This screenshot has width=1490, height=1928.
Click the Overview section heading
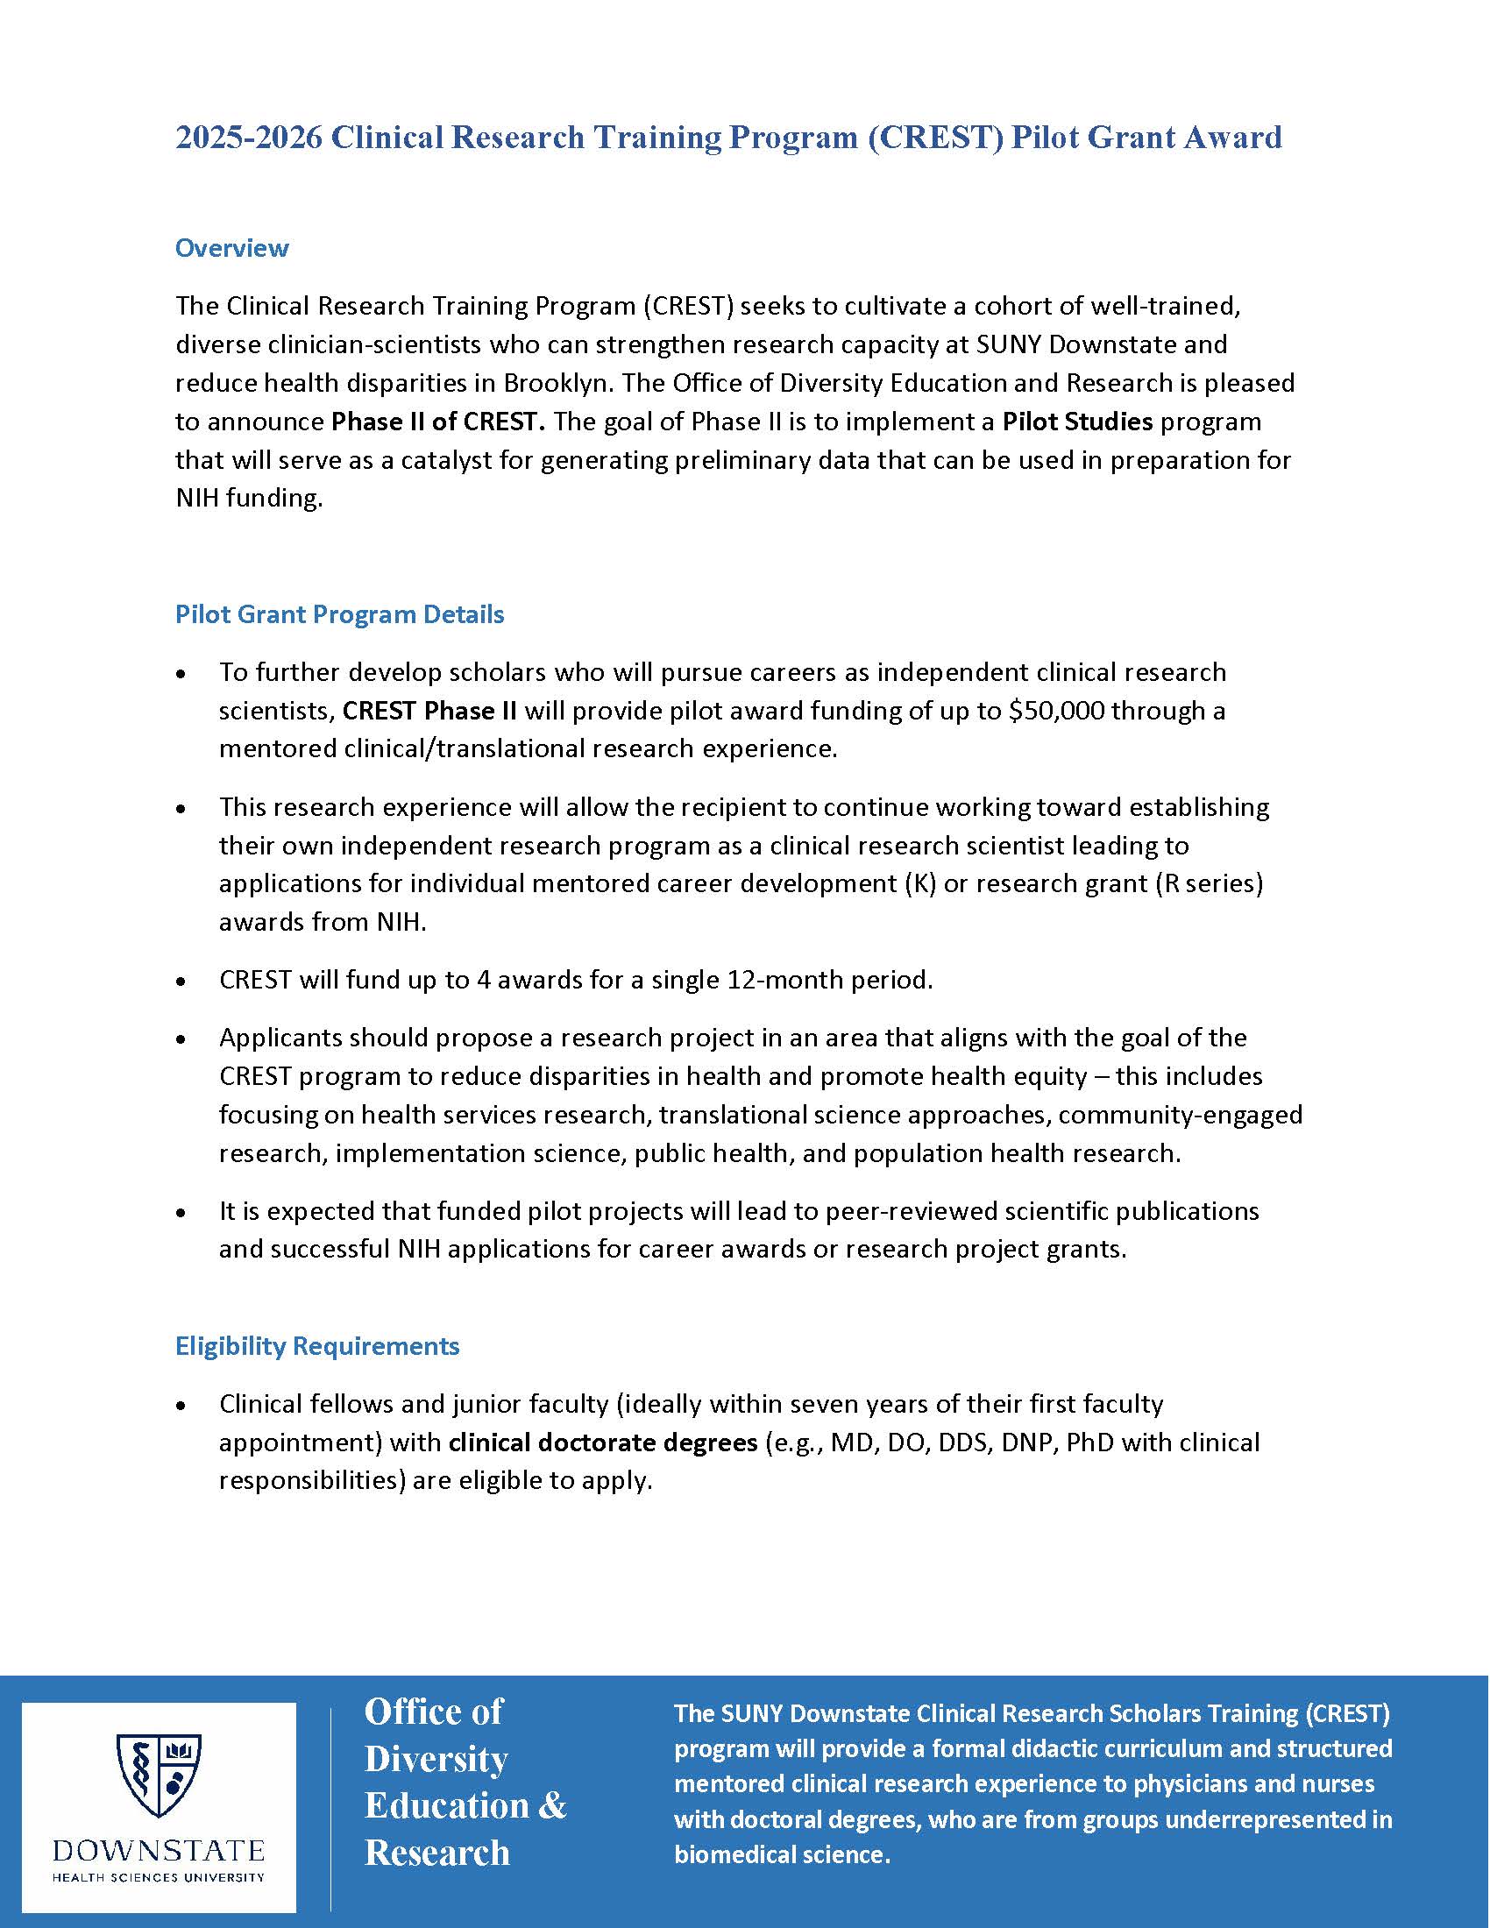pos(231,248)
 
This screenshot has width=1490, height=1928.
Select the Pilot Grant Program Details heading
pos(339,614)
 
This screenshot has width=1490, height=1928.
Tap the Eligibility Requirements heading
pos(317,1345)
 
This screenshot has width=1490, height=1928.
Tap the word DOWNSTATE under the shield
pos(159,1851)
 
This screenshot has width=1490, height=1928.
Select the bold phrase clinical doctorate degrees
pos(603,1442)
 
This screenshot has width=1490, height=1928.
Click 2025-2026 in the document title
pos(248,138)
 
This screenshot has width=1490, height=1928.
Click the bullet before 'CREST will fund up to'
pos(181,981)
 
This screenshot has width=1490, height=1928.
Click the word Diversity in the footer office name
pos(436,1760)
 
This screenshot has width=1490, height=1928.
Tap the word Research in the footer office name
pos(437,1853)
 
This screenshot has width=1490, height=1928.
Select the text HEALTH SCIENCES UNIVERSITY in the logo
pos(159,1877)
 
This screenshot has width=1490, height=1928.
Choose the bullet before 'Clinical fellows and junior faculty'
pos(181,1405)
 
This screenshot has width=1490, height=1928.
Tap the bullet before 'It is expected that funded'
pos(181,1212)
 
